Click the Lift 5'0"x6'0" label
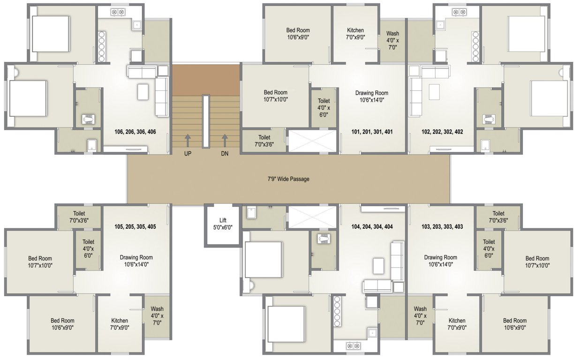(223, 224)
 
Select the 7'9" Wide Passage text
(288, 179)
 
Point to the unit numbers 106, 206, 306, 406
(135, 132)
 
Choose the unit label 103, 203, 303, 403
(442, 227)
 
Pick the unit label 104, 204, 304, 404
(372, 227)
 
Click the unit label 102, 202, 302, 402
(442, 132)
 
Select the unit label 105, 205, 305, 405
(135, 227)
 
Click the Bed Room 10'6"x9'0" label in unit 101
(298, 33)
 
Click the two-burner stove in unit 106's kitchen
(117, 11)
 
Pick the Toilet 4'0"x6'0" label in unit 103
(489, 249)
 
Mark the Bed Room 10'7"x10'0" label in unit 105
(40, 262)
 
